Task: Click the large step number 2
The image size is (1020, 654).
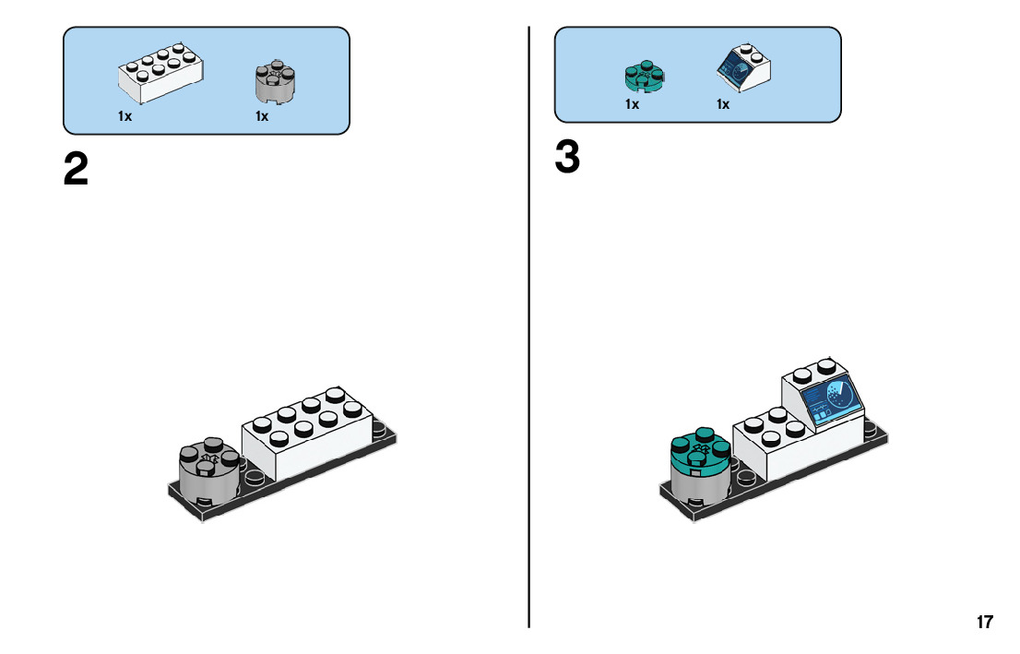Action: [76, 169]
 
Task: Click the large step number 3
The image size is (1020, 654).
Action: [567, 157]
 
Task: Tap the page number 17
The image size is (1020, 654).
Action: [985, 622]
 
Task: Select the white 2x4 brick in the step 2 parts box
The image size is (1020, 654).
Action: [160, 73]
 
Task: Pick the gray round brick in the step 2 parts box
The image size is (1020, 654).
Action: [275, 81]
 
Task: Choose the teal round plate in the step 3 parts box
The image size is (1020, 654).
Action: [644, 77]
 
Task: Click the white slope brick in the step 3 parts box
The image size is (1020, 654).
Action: [743, 67]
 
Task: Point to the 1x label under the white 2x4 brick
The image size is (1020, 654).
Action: [125, 116]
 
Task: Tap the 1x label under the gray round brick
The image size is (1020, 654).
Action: [262, 116]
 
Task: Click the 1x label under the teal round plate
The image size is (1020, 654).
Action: [633, 104]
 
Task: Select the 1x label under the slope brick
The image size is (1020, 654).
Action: [723, 104]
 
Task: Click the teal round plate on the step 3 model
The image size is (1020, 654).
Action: [700, 450]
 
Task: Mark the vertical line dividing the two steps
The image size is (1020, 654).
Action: [528, 327]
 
